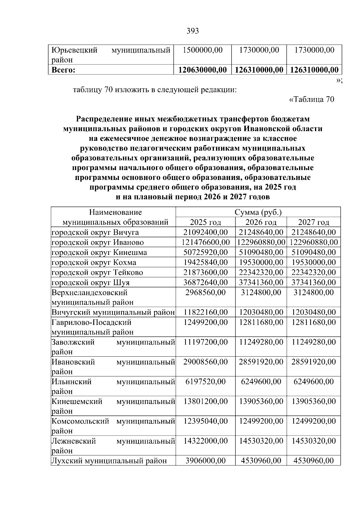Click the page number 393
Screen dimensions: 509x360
(x=193, y=31)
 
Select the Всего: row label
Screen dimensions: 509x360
(x=63, y=70)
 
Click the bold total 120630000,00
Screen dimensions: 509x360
(x=202, y=70)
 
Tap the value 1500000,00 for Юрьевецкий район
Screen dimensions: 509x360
(x=203, y=50)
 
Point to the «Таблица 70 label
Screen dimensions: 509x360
(x=311, y=99)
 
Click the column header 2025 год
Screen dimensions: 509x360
(x=205, y=222)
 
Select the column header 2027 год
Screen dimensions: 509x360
(x=313, y=222)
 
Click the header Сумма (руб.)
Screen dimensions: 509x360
(x=258, y=212)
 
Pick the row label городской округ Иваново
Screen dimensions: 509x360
(x=98, y=242)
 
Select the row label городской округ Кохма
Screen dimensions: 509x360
(x=94, y=262)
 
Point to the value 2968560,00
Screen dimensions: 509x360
(x=205, y=292)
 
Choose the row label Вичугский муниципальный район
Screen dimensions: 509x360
(x=113, y=312)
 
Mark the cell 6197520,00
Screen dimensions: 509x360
(x=205, y=382)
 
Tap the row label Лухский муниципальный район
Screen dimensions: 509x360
(x=109, y=461)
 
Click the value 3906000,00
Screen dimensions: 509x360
(x=205, y=461)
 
